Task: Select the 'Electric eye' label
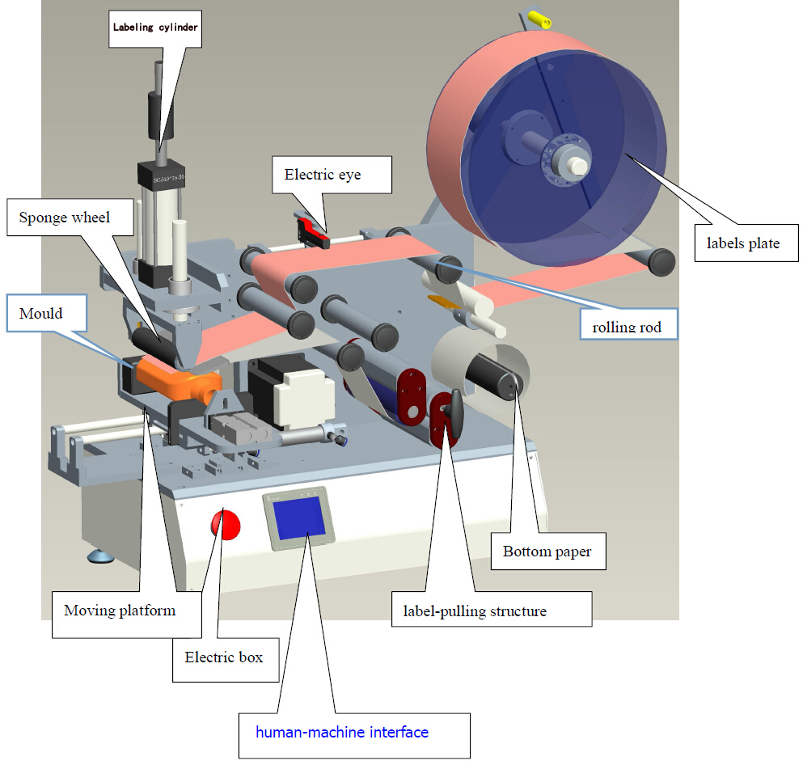click(x=322, y=175)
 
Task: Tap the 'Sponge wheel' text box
click(x=65, y=218)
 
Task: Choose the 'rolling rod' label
click(x=628, y=327)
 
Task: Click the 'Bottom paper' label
click(x=547, y=552)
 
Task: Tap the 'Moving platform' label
click(x=120, y=610)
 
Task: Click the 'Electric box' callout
click(x=223, y=657)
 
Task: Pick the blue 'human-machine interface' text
click(x=342, y=733)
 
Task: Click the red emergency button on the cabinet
click(x=226, y=525)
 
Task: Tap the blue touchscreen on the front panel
click(x=298, y=518)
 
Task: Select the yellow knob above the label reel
click(x=539, y=18)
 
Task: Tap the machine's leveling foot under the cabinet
click(x=102, y=556)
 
